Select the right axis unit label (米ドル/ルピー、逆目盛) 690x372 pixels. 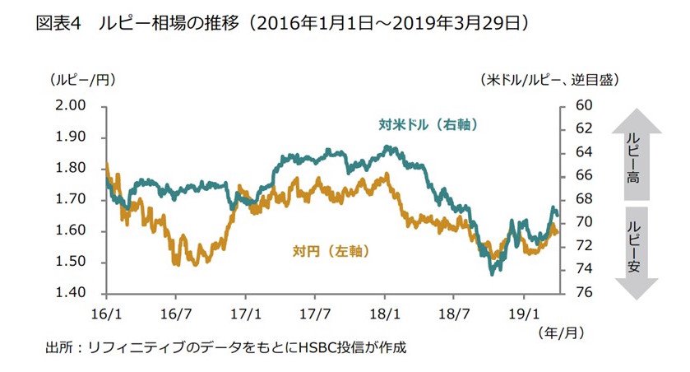549,80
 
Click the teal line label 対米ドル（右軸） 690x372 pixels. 428,126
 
